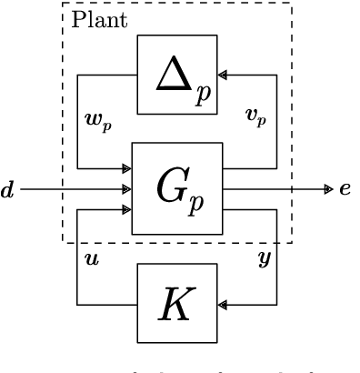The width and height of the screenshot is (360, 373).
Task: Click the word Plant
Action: [x=99, y=19]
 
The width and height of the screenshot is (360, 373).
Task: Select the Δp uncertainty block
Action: [x=177, y=74]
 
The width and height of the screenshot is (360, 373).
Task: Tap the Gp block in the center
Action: [x=177, y=188]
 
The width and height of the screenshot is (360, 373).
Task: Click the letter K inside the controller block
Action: [x=177, y=305]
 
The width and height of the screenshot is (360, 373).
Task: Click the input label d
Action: [x=7, y=190]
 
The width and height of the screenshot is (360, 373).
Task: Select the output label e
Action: [x=345, y=189]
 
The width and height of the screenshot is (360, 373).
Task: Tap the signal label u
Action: [x=92, y=259]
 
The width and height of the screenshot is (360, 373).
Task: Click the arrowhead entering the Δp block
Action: [x=223, y=75]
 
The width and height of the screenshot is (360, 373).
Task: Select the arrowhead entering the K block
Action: [x=223, y=305]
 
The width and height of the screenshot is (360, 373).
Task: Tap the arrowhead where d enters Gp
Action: [x=127, y=189]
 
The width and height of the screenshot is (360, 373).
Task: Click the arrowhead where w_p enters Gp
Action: [x=127, y=167]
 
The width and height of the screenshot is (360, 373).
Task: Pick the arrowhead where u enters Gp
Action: [x=127, y=211]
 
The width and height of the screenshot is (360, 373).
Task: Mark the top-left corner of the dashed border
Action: [x=62, y=3]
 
